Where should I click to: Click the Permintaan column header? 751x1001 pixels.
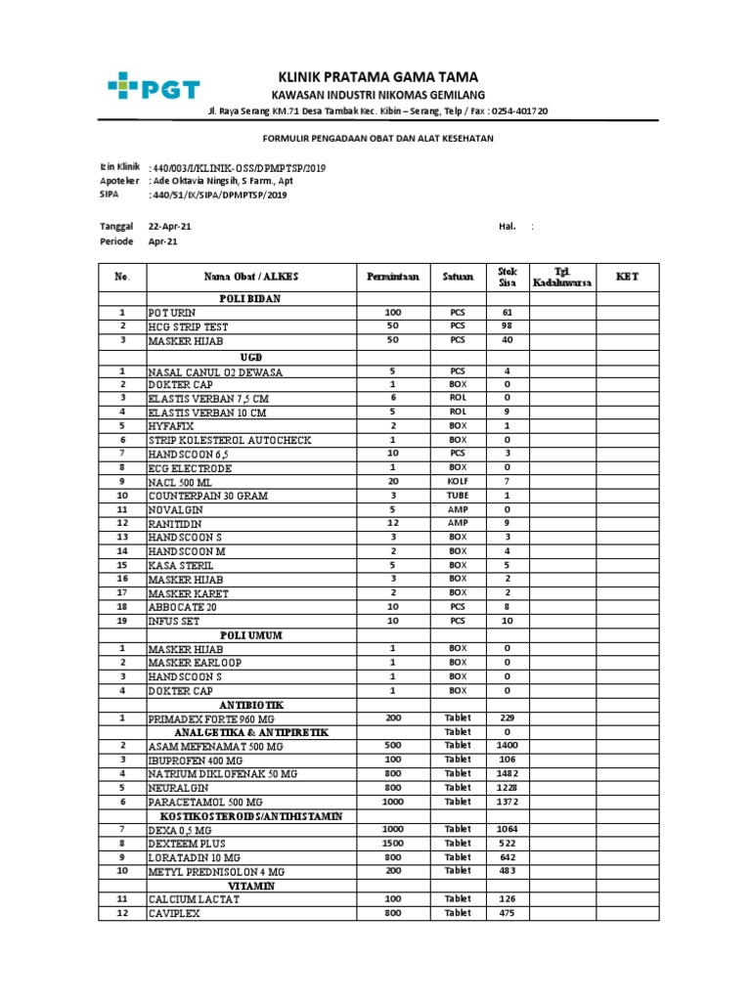392,277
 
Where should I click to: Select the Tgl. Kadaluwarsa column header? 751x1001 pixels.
561,277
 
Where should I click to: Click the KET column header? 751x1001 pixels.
626,277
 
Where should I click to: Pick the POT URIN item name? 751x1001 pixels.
172,313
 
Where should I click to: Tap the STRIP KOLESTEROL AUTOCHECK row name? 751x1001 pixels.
229,441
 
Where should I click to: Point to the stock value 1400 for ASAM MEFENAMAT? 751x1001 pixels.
507,745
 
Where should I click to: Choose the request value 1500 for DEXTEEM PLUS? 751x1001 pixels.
392,843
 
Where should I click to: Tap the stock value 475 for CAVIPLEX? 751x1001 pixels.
507,913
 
